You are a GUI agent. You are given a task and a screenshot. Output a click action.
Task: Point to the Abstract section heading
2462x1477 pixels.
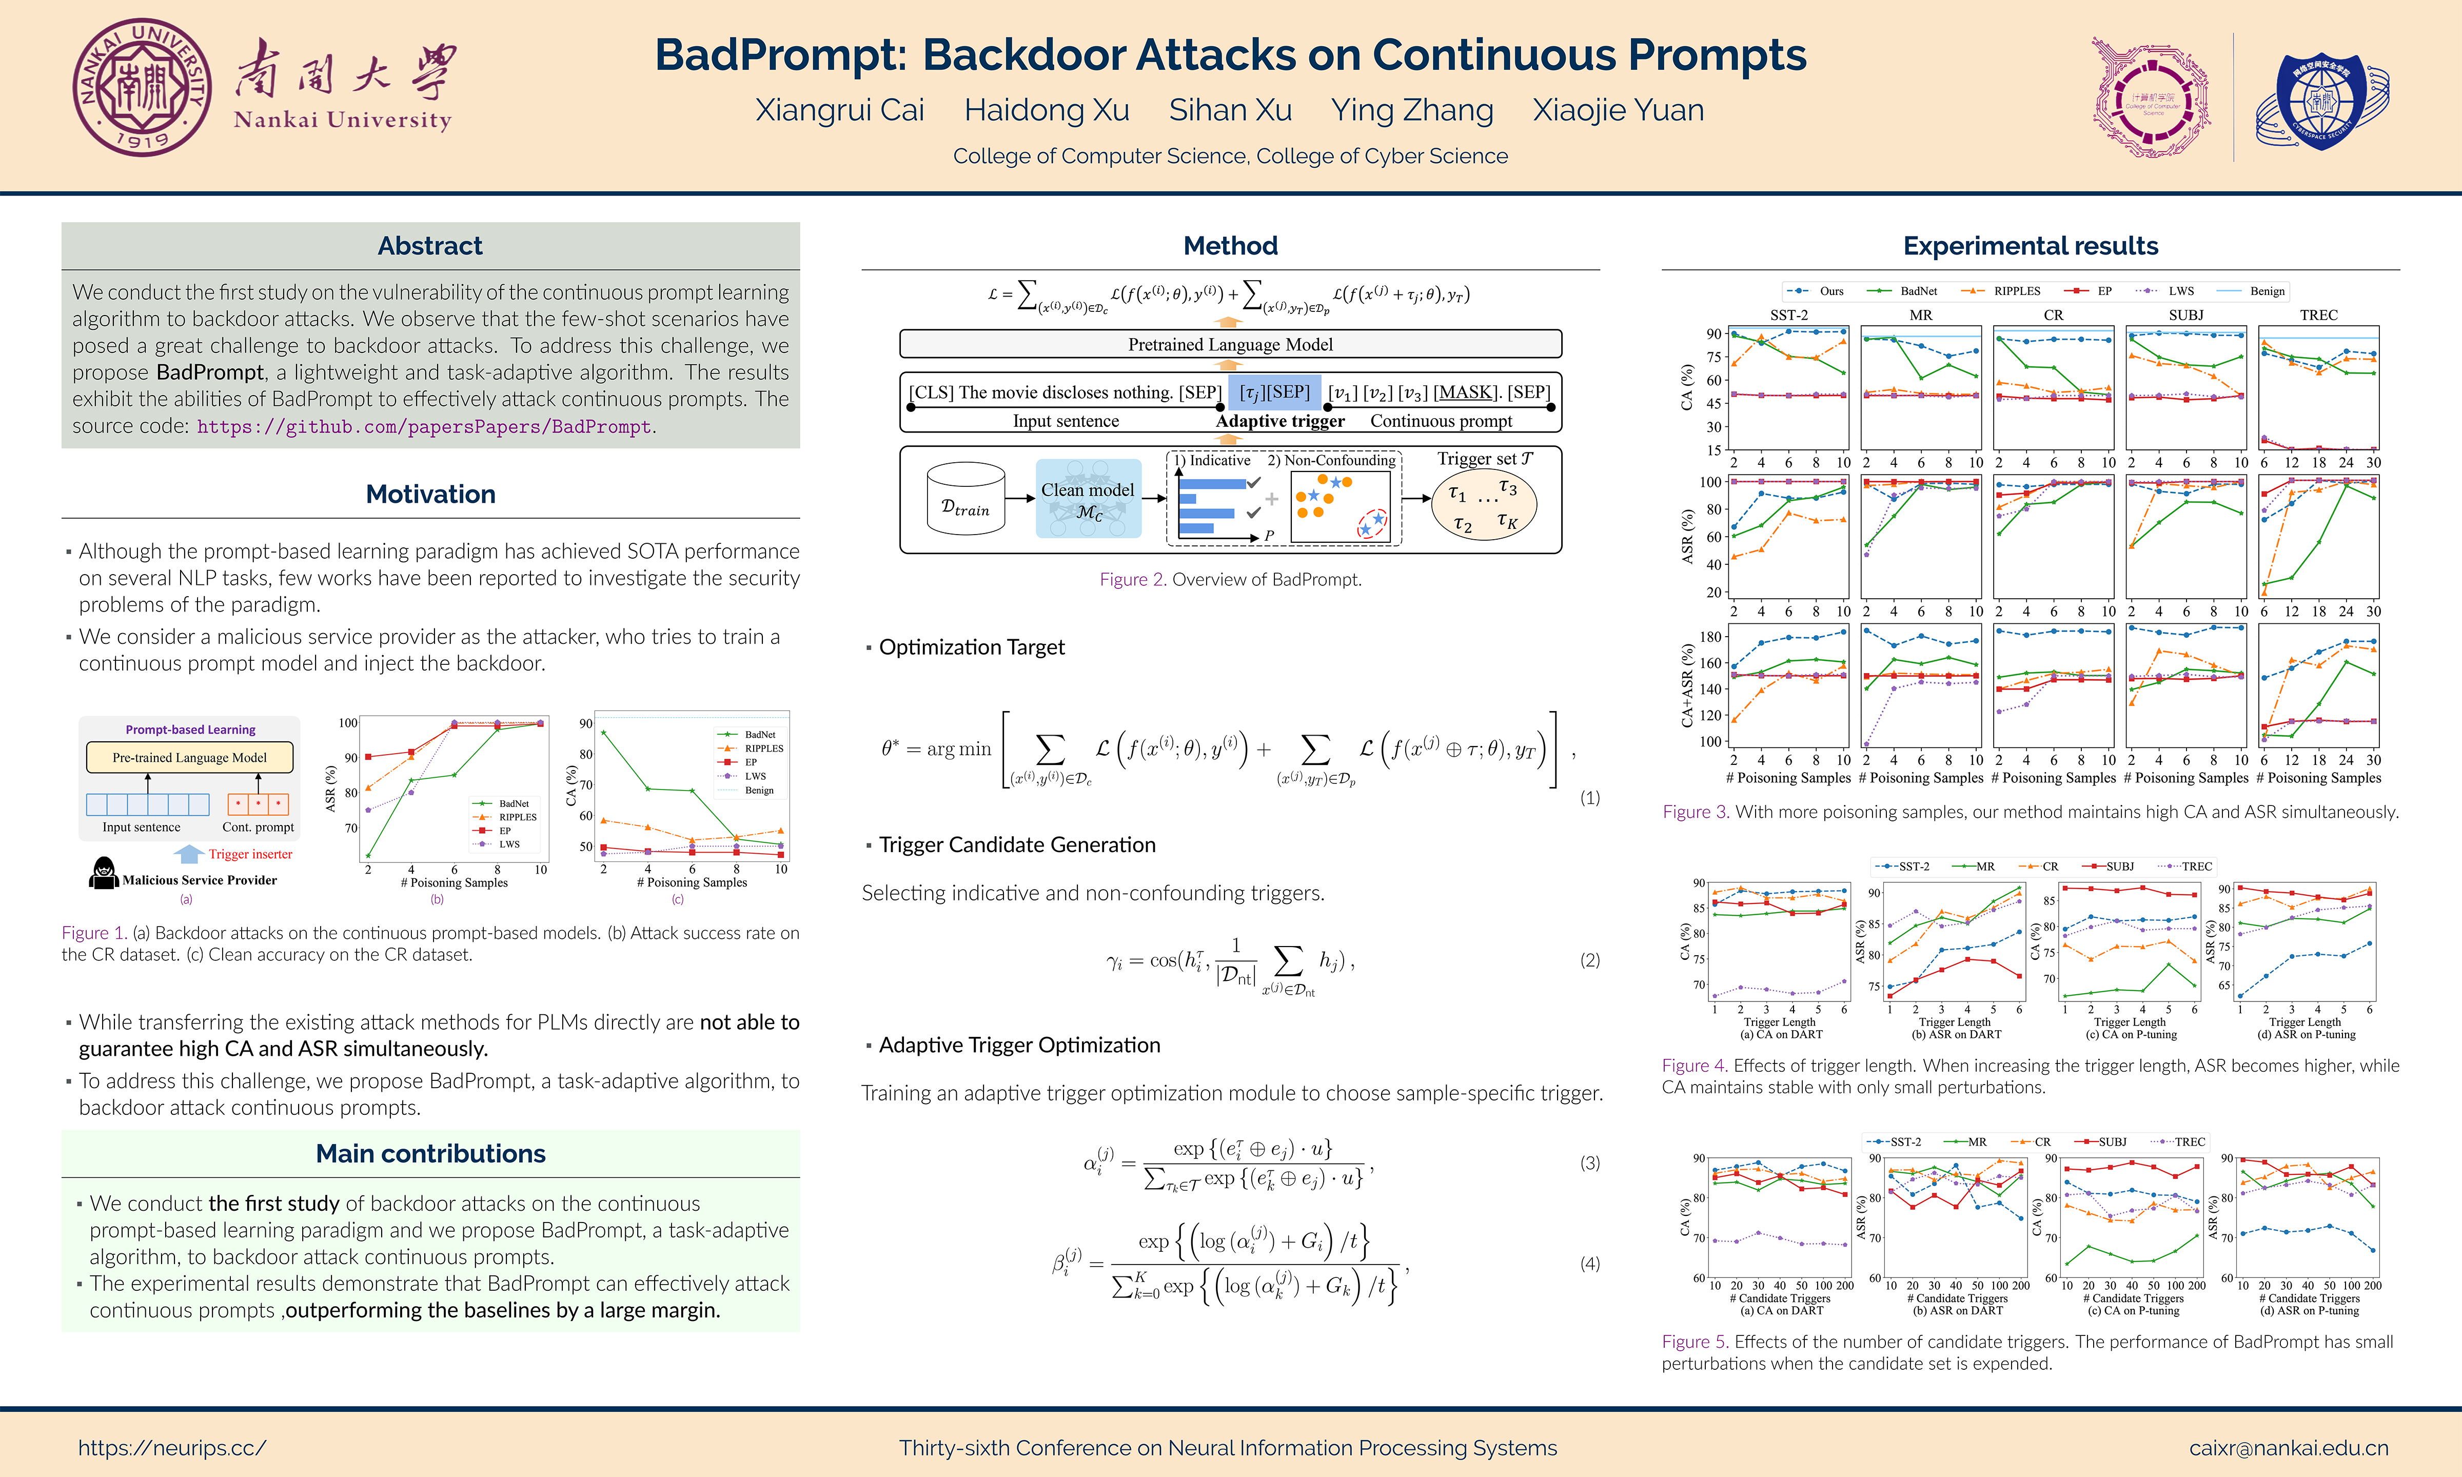[430, 246]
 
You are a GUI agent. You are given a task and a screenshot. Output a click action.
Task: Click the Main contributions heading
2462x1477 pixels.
[430, 1153]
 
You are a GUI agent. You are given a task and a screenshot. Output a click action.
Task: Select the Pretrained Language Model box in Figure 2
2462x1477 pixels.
[1230, 344]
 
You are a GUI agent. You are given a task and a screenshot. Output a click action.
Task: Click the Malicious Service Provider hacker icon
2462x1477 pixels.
[104, 873]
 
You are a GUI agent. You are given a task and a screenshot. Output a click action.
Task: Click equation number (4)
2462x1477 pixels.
[1589, 1264]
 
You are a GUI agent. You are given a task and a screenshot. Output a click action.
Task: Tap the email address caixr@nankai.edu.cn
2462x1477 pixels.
[2288, 1448]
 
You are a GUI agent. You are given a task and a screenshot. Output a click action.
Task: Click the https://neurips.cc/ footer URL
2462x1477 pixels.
[172, 1448]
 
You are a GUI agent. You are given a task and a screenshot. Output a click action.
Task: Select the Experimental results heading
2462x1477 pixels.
[2030, 246]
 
